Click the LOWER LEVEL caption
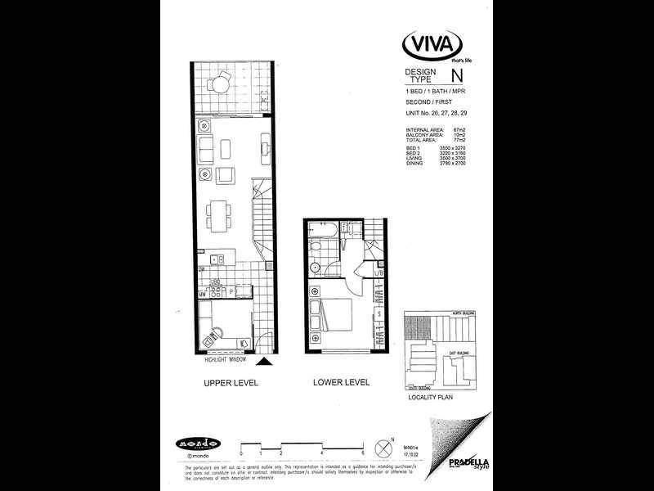(341, 382)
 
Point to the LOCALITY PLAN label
(429, 396)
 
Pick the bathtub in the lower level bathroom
(320, 243)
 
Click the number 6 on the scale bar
(362, 453)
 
